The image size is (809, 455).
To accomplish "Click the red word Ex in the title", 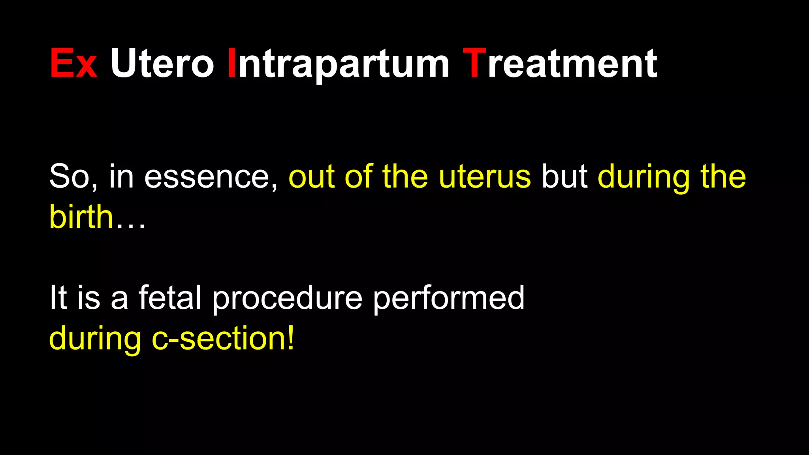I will pos(73,63).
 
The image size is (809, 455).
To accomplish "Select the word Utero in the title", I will pos(162,63).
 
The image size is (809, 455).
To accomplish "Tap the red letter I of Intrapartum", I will pos(232,63).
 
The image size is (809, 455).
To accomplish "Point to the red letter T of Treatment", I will pos(474,63).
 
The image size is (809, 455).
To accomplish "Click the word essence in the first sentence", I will pos(207,177).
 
